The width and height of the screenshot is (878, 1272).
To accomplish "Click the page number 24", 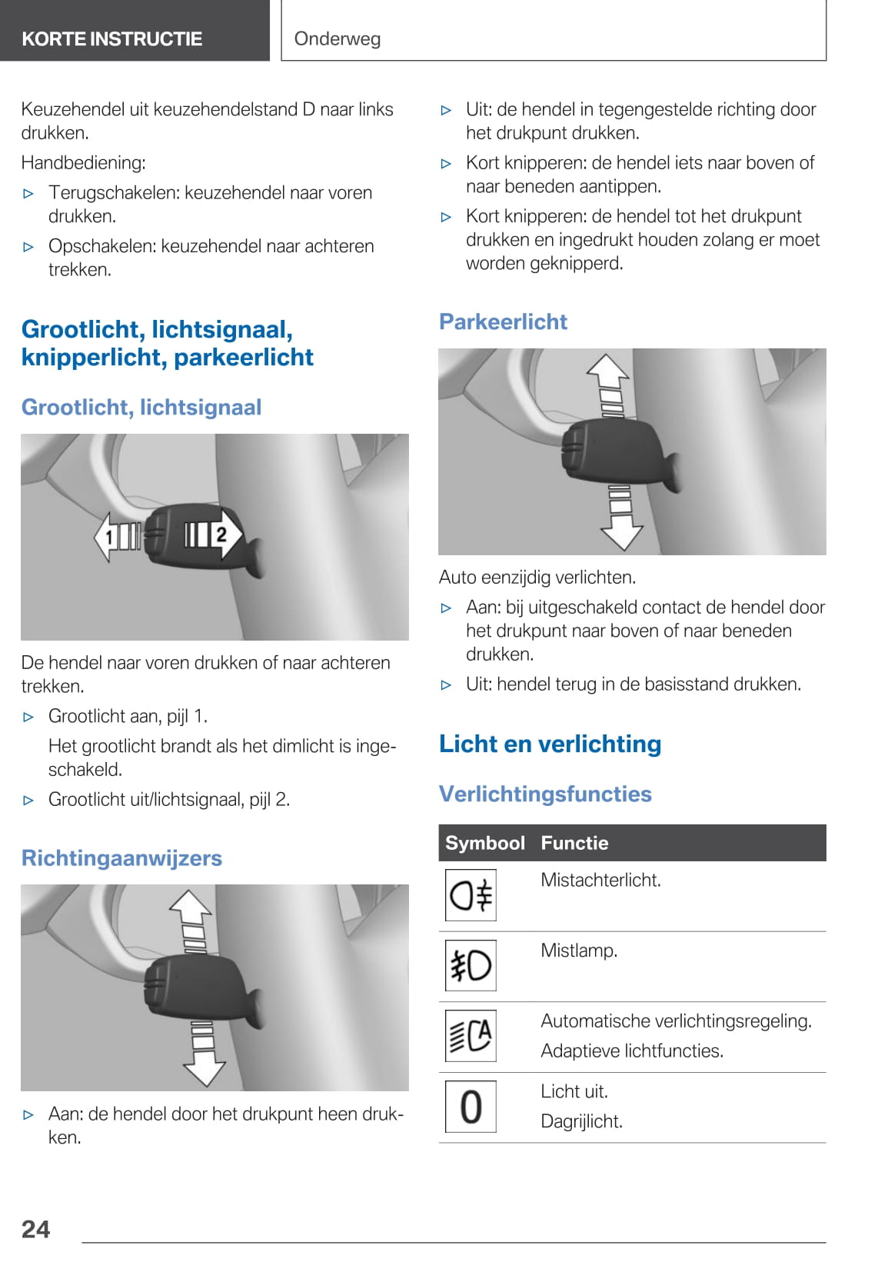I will pyautogui.click(x=36, y=1229).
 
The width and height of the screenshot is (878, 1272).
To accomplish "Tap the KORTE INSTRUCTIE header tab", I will pyautogui.click(x=112, y=38).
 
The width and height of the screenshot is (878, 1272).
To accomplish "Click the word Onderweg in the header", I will pyautogui.click(x=337, y=38).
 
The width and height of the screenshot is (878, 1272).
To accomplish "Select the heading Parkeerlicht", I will pyautogui.click(x=503, y=321).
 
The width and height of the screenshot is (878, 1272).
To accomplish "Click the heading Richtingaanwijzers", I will pyautogui.click(x=121, y=857).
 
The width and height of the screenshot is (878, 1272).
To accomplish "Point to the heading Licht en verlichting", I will pyautogui.click(x=550, y=744).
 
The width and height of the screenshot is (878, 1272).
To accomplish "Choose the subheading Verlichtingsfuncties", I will pyautogui.click(x=545, y=794).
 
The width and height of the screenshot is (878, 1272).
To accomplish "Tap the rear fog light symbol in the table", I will pyautogui.click(x=471, y=895).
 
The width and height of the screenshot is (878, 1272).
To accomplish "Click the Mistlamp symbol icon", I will pyautogui.click(x=471, y=965).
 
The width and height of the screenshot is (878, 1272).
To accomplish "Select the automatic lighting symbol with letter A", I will pyautogui.click(x=471, y=1036).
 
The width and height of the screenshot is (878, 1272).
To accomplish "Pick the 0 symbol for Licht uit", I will pyautogui.click(x=471, y=1107).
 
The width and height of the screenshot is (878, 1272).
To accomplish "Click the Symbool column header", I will pyautogui.click(x=484, y=843).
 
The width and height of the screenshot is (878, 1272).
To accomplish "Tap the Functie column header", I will pyautogui.click(x=574, y=843).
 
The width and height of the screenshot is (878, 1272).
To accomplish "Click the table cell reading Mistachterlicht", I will pyautogui.click(x=600, y=880).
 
